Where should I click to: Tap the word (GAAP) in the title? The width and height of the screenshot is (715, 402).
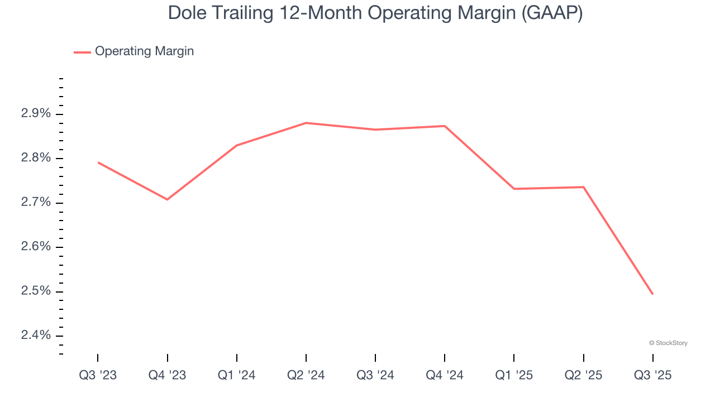(x=551, y=13)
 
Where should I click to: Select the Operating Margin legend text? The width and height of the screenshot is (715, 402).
(x=144, y=51)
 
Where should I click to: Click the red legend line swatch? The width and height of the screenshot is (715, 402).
(x=82, y=52)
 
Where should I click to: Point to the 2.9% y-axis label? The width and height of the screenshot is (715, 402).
(x=36, y=114)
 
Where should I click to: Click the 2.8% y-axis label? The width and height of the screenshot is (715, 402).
(x=36, y=158)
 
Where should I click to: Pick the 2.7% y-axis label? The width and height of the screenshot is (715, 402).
(x=36, y=202)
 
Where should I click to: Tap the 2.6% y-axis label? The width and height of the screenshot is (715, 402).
(x=36, y=247)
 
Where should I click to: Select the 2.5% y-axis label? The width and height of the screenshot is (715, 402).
(x=36, y=291)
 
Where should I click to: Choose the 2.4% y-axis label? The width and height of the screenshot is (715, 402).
(x=36, y=335)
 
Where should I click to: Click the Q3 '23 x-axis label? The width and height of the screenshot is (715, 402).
(x=98, y=375)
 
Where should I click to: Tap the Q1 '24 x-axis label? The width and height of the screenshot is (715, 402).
(x=237, y=375)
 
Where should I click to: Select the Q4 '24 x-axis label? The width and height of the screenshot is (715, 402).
(x=445, y=375)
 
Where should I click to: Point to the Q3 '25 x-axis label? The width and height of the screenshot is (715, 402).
(x=652, y=375)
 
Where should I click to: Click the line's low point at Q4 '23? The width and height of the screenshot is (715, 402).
(x=167, y=199)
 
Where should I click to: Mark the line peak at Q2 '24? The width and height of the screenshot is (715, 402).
(x=306, y=123)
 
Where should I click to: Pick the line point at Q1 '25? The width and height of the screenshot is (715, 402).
(x=514, y=189)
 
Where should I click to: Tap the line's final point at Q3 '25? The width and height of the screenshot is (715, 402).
(x=652, y=294)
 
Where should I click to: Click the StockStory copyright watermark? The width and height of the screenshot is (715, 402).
(x=668, y=343)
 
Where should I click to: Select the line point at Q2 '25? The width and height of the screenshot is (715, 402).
(x=584, y=187)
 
